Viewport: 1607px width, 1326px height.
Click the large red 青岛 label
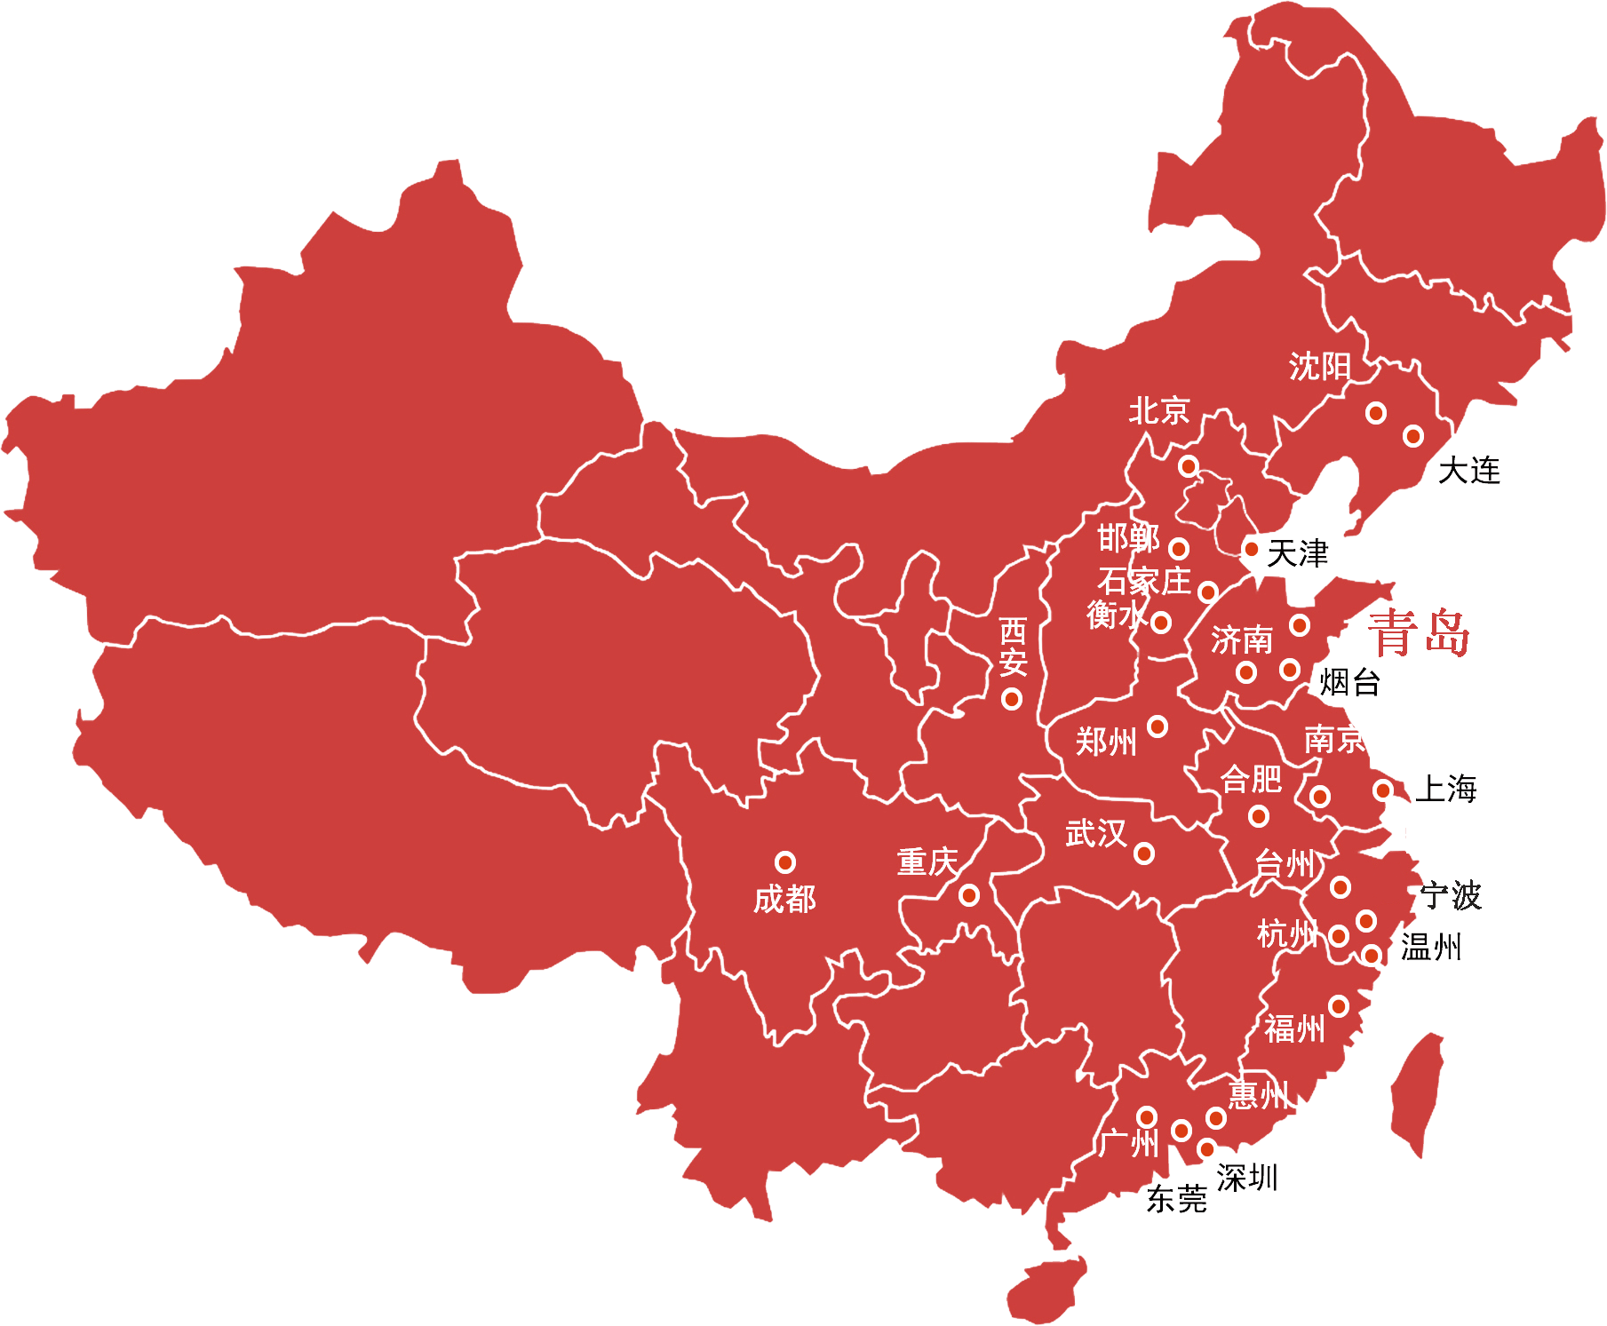pyautogui.click(x=1418, y=632)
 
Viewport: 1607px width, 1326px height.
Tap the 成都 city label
pyautogui.click(x=784, y=900)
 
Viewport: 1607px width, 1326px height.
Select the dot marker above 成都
pyautogui.click(x=785, y=862)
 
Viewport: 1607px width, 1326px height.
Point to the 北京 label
pyautogui.click(x=1158, y=411)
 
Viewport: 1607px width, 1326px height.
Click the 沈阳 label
pyautogui.click(x=1319, y=366)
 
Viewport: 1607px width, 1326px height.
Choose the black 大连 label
pyautogui.click(x=1469, y=471)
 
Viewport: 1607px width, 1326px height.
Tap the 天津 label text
pyautogui.click(x=1297, y=553)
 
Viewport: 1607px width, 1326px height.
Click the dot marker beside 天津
pyautogui.click(x=1251, y=549)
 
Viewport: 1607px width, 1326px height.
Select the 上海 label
pyautogui.click(x=1445, y=789)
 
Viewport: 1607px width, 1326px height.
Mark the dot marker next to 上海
pyautogui.click(x=1383, y=790)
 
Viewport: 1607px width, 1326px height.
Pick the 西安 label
pyautogui.click(x=1014, y=647)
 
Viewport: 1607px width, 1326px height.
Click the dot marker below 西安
pyautogui.click(x=1012, y=699)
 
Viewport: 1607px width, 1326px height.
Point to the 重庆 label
pyautogui.click(x=927, y=862)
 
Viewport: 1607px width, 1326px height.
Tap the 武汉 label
pyautogui.click(x=1095, y=833)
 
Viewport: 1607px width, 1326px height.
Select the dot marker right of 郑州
pyautogui.click(x=1158, y=727)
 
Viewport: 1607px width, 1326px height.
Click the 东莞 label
pyautogui.click(x=1177, y=1201)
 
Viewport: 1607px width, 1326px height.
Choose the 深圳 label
pyautogui.click(x=1247, y=1178)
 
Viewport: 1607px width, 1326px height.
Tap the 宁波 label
pyautogui.click(x=1451, y=895)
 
